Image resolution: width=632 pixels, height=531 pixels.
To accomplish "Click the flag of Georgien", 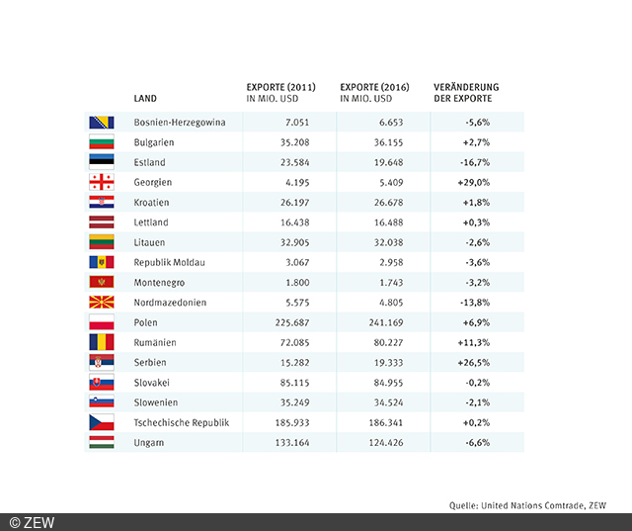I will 101,182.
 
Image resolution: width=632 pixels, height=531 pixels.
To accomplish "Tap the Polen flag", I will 101,322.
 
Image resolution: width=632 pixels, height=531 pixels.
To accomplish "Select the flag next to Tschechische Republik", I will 101,422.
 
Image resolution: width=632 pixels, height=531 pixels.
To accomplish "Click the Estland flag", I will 101,162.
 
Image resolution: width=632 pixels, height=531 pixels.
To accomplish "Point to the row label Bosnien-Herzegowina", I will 180,123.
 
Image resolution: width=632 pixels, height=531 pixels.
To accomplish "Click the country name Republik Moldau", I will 170,262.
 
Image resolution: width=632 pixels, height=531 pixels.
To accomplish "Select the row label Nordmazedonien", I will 170,303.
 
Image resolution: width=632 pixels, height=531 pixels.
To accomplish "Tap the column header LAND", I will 145,99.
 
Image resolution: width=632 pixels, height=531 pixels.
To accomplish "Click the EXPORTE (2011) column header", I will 280,92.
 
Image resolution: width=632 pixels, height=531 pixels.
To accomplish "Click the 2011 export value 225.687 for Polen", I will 294,322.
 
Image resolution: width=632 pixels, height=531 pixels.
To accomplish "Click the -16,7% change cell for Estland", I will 477,162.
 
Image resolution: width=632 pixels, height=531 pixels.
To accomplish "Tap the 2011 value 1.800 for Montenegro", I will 299,283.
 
